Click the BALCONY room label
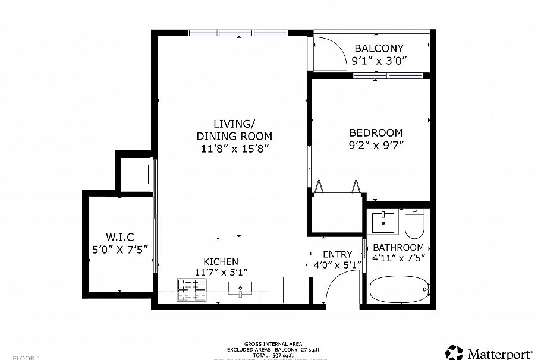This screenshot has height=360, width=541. coord(379,48)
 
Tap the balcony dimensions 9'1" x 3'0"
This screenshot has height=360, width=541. coord(379,61)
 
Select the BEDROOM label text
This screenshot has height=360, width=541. coord(376,133)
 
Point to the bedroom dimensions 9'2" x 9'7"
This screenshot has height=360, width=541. coord(376,146)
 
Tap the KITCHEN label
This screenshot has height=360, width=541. coord(221,261)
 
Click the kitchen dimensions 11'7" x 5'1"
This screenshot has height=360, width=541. coord(221,272)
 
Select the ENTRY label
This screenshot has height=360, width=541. coord(337,254)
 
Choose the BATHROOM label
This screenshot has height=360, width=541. coord(398,247)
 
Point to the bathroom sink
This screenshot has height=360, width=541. coord(383,222)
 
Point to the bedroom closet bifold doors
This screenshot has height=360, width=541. coord(338,187)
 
